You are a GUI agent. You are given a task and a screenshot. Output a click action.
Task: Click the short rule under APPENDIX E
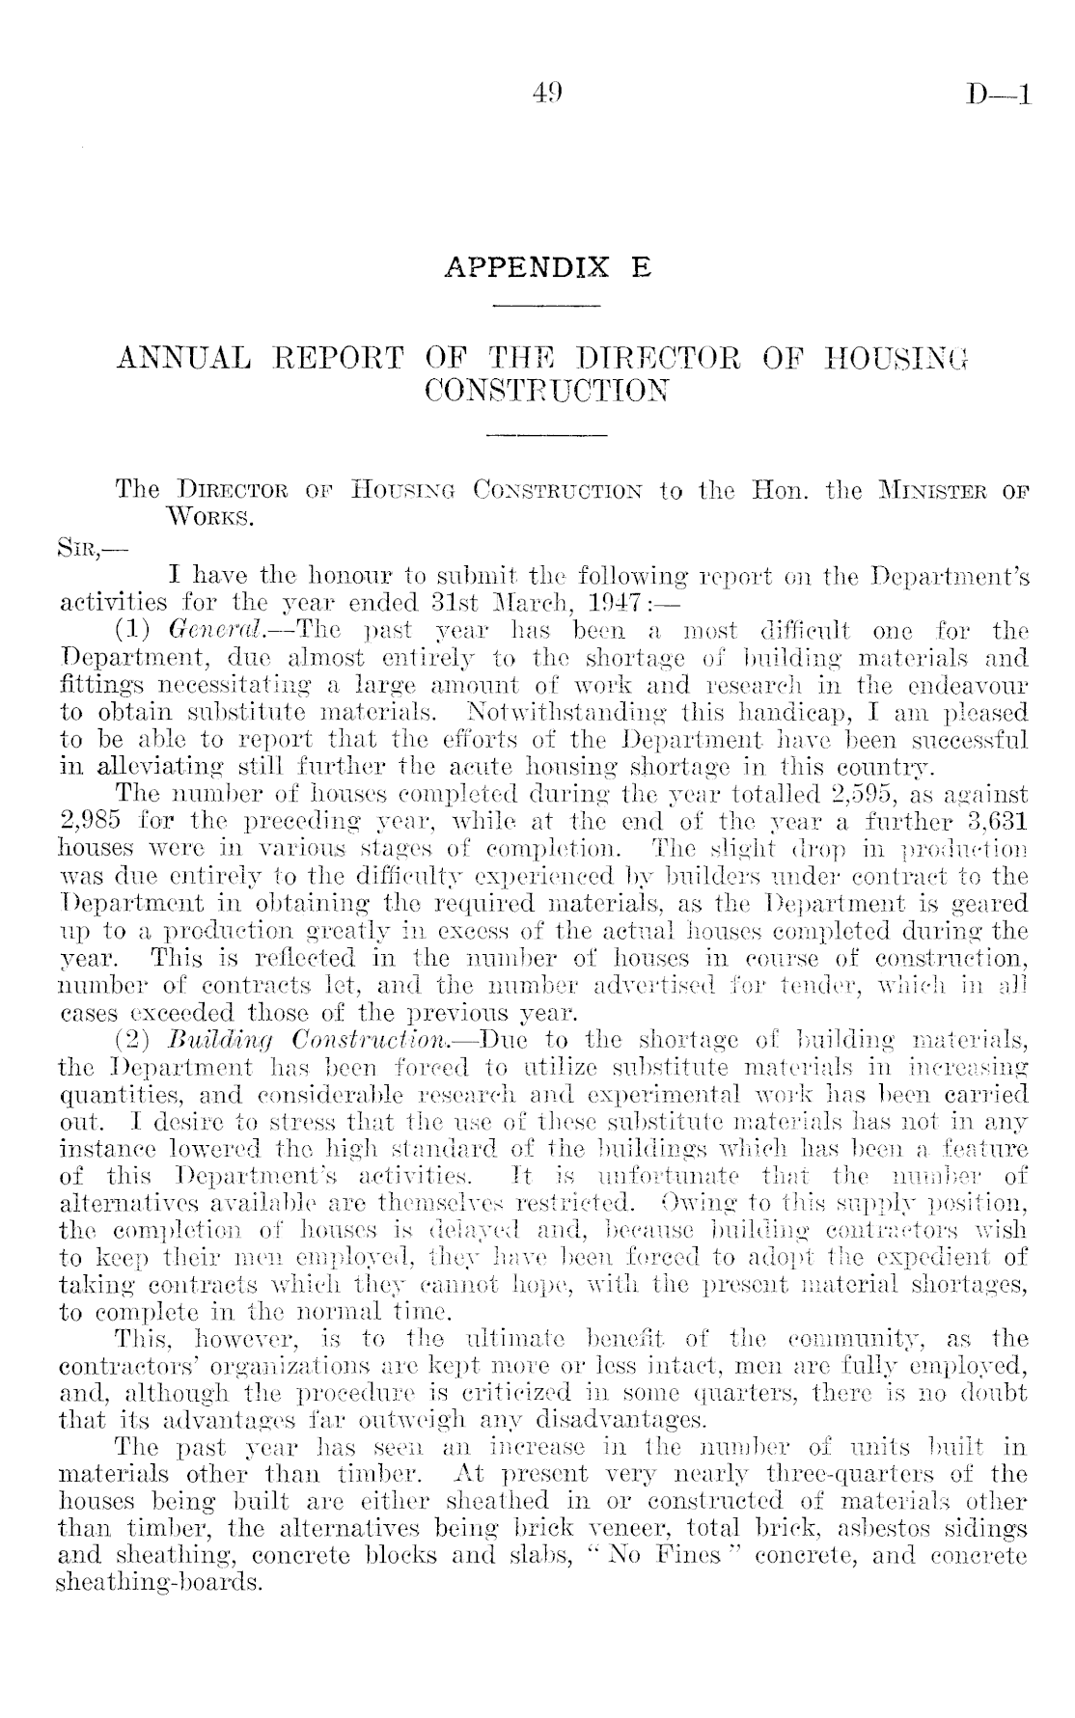[x=547, y=307]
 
